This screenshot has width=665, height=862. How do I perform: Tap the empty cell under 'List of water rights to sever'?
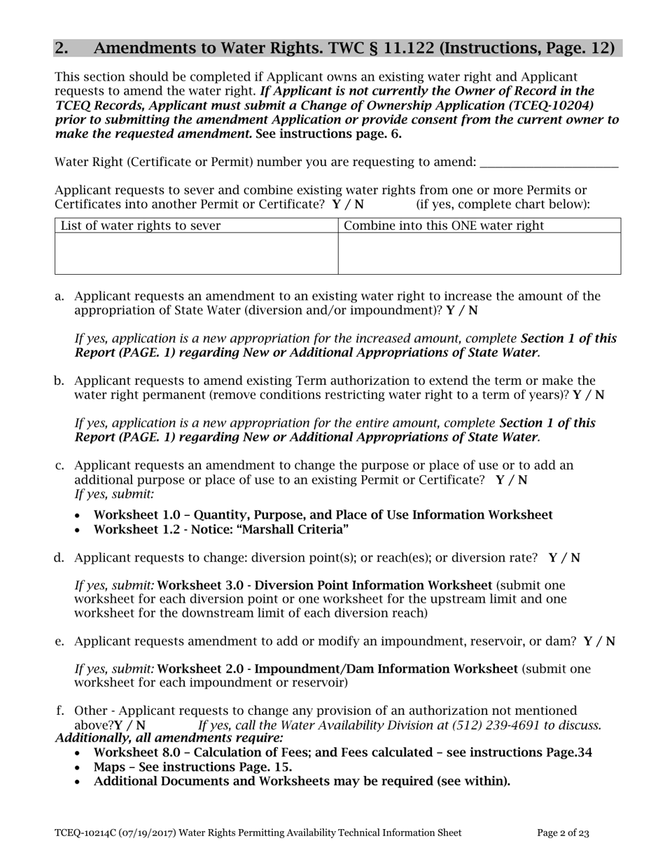click(x=196, y=253)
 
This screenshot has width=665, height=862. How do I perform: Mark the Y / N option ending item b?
click(x=589, y=395)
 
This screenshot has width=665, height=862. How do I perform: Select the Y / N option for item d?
click(x=564, y=558)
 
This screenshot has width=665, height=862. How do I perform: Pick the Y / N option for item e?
click(x=599, y=641)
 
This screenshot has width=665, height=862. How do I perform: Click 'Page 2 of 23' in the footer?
click(x=563, y=833)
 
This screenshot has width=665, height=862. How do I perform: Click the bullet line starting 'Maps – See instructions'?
click(x=192, y=767)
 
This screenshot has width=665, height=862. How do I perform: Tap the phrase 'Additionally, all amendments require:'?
click(x=169, y=738)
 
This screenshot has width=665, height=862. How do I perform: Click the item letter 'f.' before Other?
click(x=61, y=711)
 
